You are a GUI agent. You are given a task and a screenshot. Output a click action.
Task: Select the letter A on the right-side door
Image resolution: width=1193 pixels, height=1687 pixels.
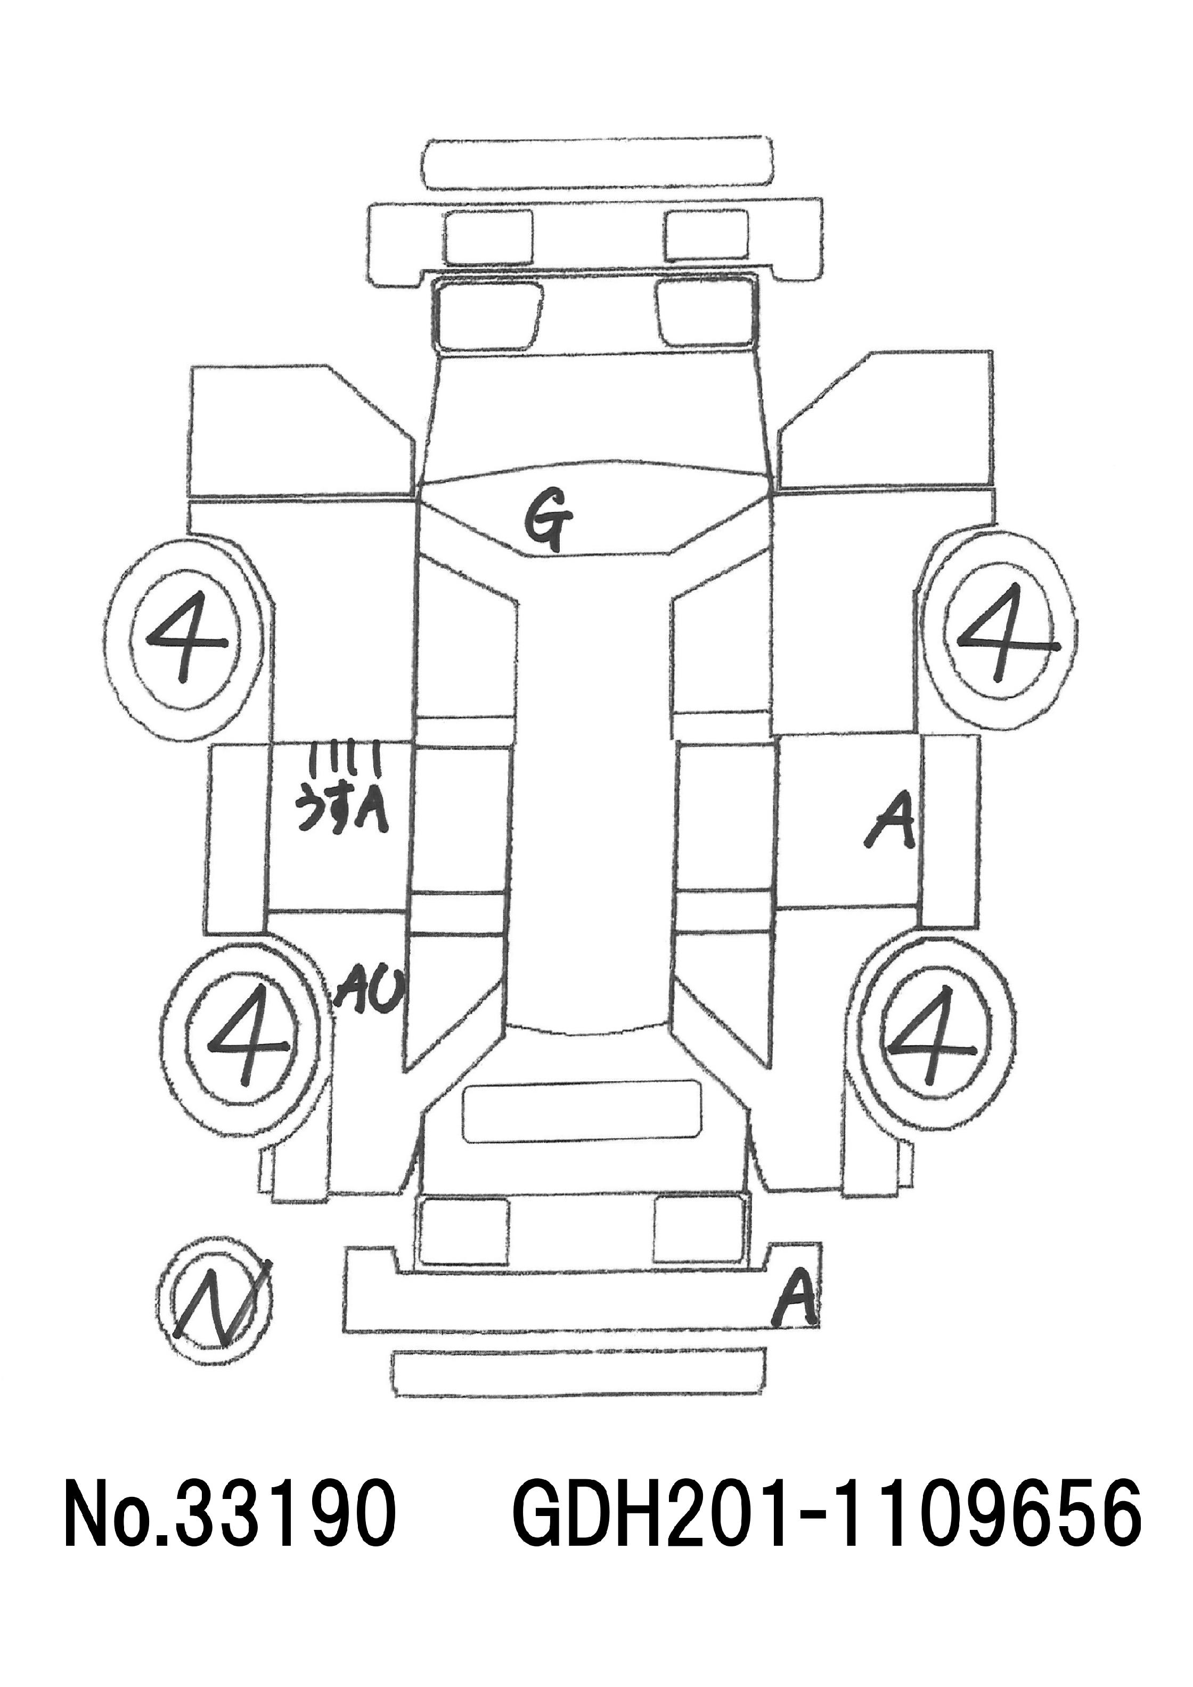892,821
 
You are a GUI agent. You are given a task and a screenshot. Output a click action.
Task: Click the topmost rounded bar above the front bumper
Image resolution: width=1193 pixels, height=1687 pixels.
598,163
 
